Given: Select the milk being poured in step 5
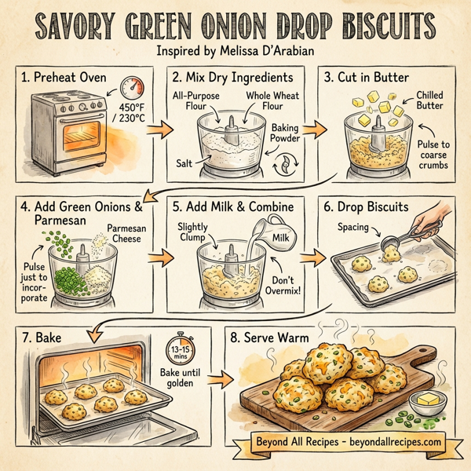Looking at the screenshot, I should [x=249, y=246].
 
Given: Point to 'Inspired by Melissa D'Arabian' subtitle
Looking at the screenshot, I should [x=235, y=53].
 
